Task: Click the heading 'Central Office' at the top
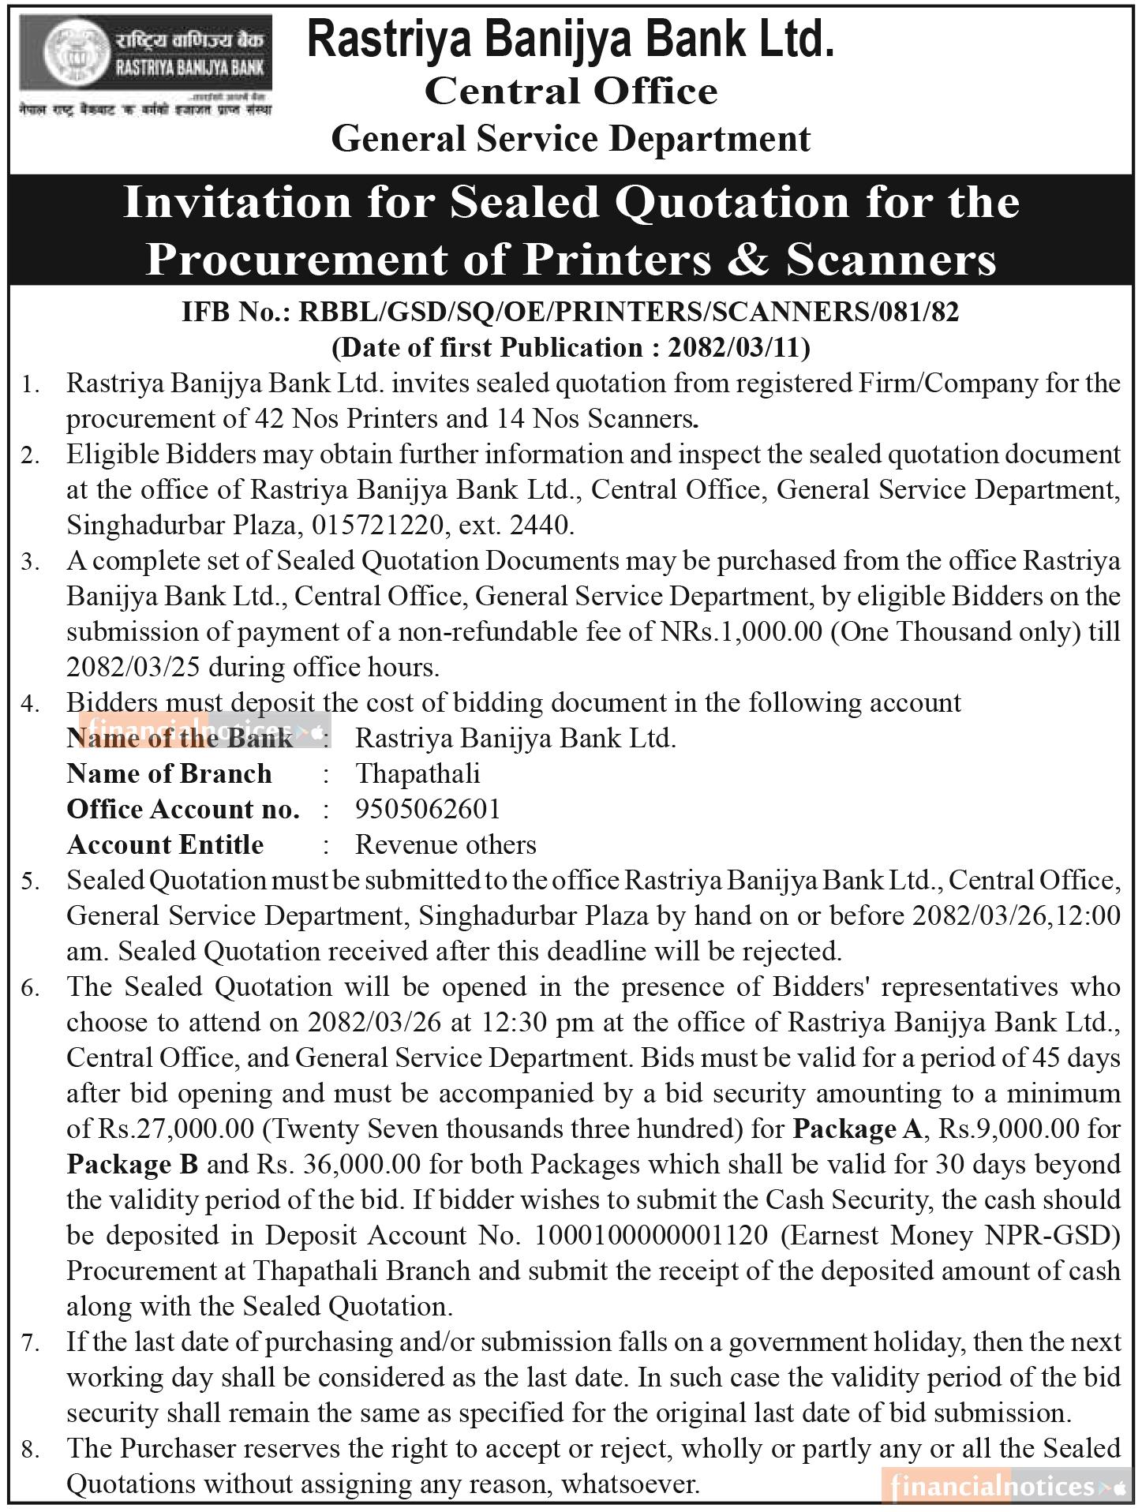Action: (x=571, y=91)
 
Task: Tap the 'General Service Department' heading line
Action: (x=571, y=139)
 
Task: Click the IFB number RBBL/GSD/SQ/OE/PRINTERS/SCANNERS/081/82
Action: (x=629, y=313)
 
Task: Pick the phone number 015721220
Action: (x=378, y=525)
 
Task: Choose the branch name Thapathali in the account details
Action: (x=417, y=773)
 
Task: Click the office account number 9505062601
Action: (x=428, y=809)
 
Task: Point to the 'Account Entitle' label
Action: (x=165, y=844)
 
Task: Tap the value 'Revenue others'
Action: (x=446, y=844)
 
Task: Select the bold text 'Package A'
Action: (x=856, y=1129)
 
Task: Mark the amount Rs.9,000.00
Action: (x=1006, y=1129)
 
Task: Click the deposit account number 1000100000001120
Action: (x=651, y=1235)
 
